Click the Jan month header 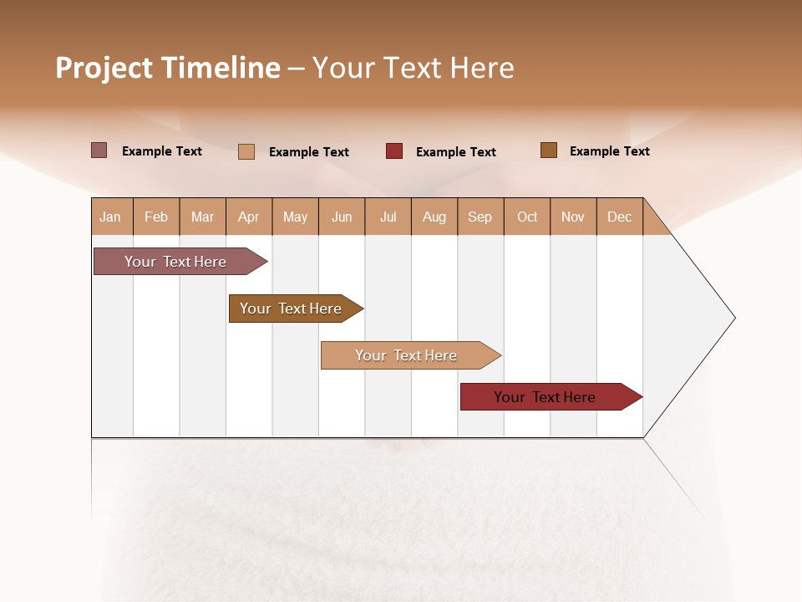point(110,217)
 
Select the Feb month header point(156,217)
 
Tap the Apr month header point(248,217)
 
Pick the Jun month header point(342,217)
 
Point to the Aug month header point(434,217)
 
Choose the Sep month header point(480,217)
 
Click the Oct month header point(527,217)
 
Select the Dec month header point(619,217)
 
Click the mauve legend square point(99,150)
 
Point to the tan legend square point(246,151)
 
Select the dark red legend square point(394,151)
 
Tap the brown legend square point(549,150)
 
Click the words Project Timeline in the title point(167,68)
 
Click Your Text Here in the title point(414,68)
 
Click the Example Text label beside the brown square point(609,151)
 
